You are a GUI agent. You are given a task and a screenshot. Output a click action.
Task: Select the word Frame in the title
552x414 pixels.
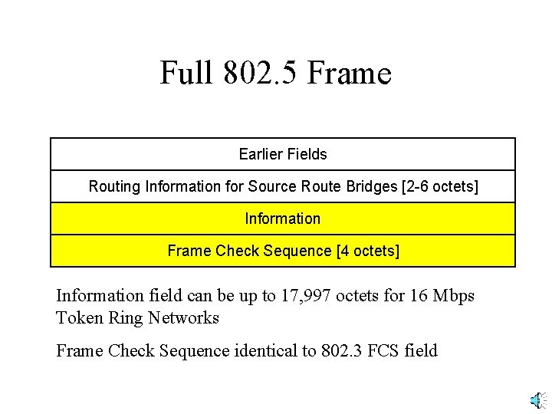pos(354,74)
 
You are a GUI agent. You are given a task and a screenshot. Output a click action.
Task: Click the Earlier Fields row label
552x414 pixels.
pos(283,154)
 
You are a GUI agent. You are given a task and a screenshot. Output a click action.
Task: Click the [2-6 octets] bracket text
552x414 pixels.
pos(439,186)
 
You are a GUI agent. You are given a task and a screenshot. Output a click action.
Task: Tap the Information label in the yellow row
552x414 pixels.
pos(283,219)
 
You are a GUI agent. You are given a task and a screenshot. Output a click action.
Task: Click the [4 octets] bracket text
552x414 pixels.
pos(368,251)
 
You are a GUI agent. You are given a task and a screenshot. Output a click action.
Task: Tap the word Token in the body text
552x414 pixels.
pos(79,317)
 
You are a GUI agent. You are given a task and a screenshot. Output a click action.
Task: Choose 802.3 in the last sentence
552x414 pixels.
pos(342,351)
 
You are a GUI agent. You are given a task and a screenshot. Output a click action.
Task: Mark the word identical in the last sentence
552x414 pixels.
pos(265,351)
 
